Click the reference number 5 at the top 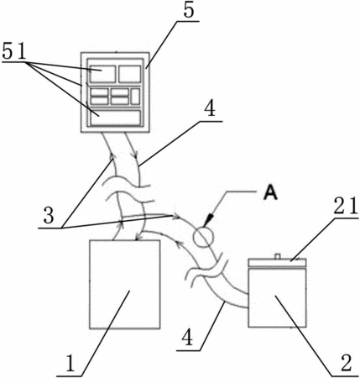(x=189, y=10)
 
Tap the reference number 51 (x=14, y=51)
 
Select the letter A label (x=270, y=193)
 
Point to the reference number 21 (x=347, y=206)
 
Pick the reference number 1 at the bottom (x=70, y=364)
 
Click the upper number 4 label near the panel (x=210, y=109)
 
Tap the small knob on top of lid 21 (x=277, y=256)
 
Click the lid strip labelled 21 (x=277, y=263)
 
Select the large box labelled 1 (x=125, y=284)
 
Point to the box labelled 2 (x=277, y=297)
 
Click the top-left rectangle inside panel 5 (x=102, y=74)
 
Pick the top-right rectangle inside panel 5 (x=129, y=74)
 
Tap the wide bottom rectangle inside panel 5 (x=116, y=118)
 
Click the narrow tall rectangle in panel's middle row (x=135, y=97)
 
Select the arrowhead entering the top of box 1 (x=137, y=238)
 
